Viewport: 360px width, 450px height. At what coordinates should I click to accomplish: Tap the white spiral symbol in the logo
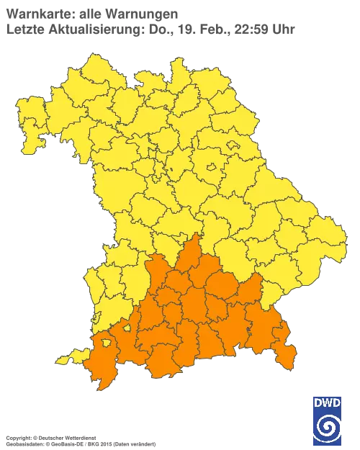(x=328, y=428)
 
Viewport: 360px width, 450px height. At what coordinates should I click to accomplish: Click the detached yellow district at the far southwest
(x=67, y=358)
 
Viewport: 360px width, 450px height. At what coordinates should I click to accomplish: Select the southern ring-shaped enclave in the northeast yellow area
(x=212, y=170)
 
